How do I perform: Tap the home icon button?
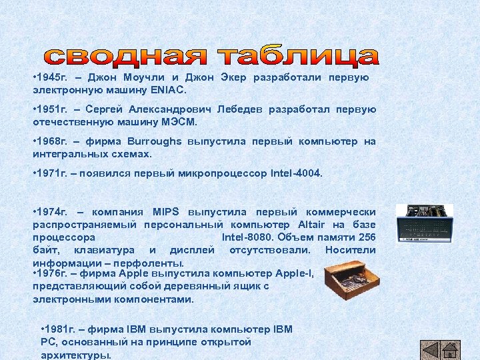click(450, 350)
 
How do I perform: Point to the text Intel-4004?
click(296, 173)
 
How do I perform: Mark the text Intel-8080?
click(247, 237)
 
